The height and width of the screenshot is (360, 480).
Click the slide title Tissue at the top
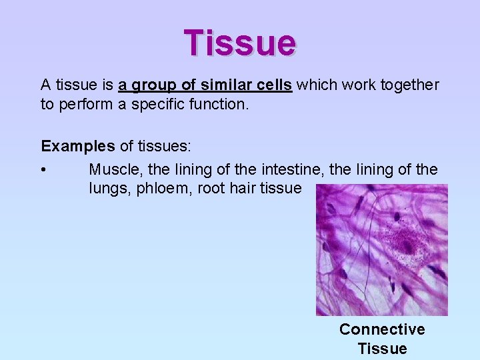pyautogui.click(x=240, y=42)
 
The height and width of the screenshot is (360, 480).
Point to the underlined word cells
pyautogui.click(x=270, y=85)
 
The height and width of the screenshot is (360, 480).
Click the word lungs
pyautogui.click(x=109, y=189)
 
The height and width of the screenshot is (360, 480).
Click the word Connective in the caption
pyautogui.click(x=382, y=329)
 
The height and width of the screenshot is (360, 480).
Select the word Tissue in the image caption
pyautogui.click(x=382, y=349)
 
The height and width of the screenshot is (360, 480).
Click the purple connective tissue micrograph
pyautogui.click(x=382, y=250)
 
